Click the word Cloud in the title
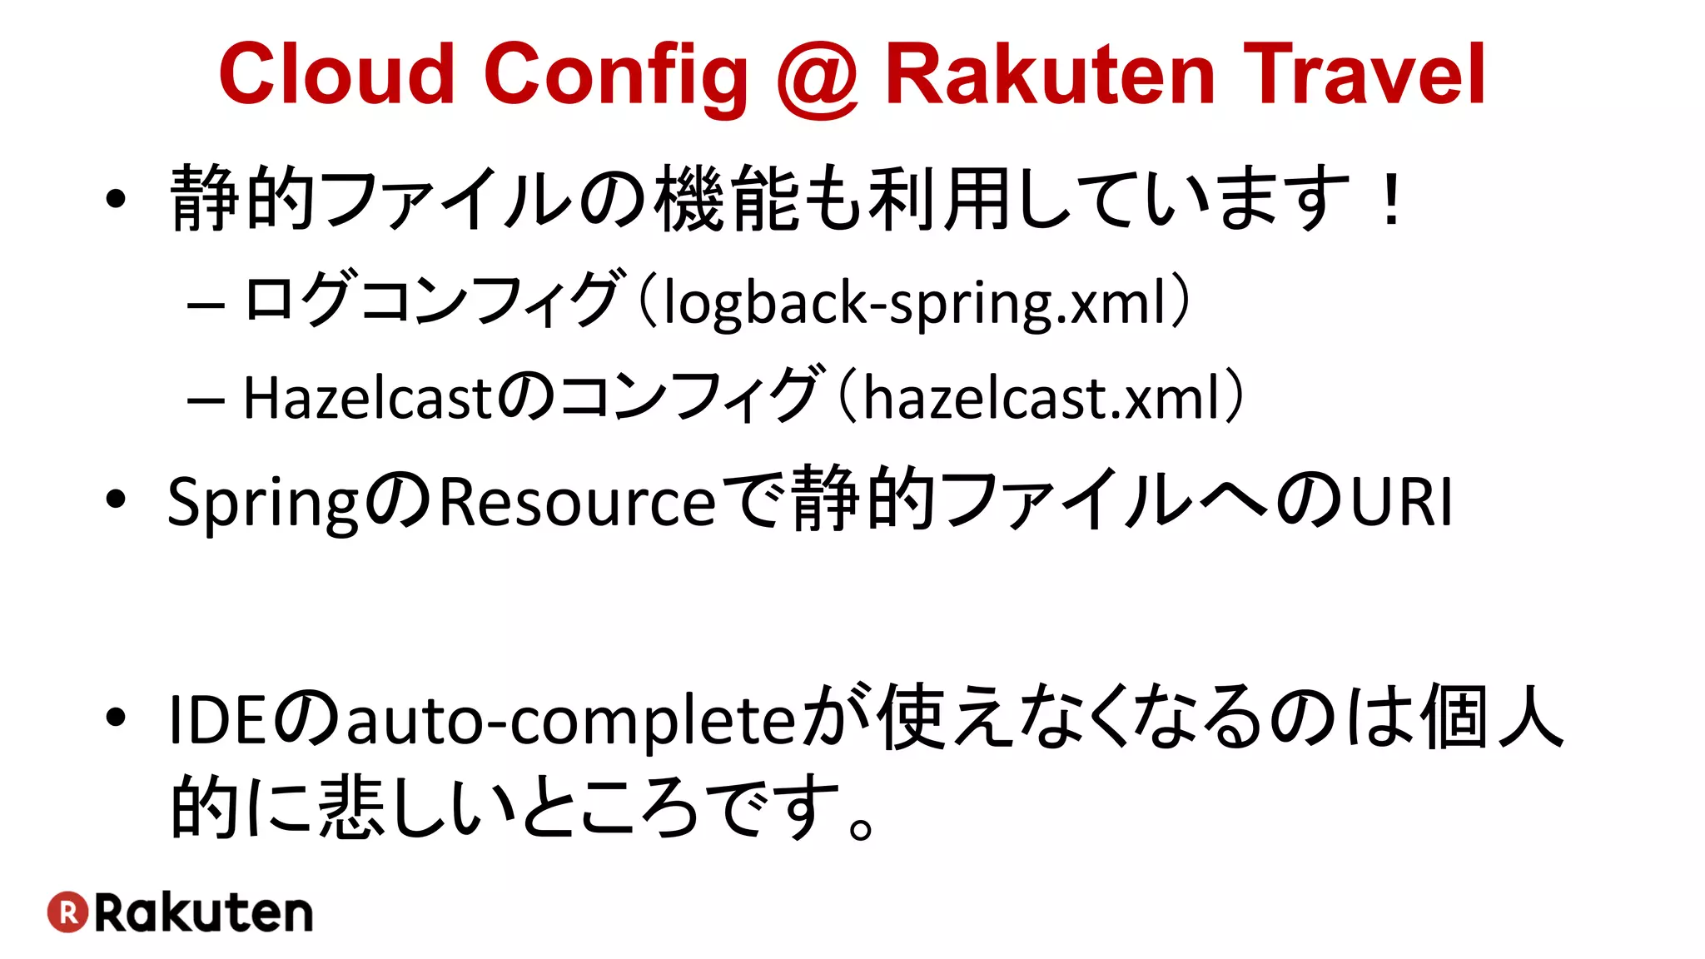(336, 75)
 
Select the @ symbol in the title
(817, 79)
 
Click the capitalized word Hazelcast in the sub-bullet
(369, 398)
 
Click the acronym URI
(1401, 503)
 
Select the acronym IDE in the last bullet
(217, 720)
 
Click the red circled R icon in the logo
(68, 912)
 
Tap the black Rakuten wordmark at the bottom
(204, 913)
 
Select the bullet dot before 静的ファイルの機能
(116, 200)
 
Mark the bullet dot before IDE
(116, 717)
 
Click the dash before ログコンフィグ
(206, 305)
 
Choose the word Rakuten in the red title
(1050, 75)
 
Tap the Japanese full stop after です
(862, 827)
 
